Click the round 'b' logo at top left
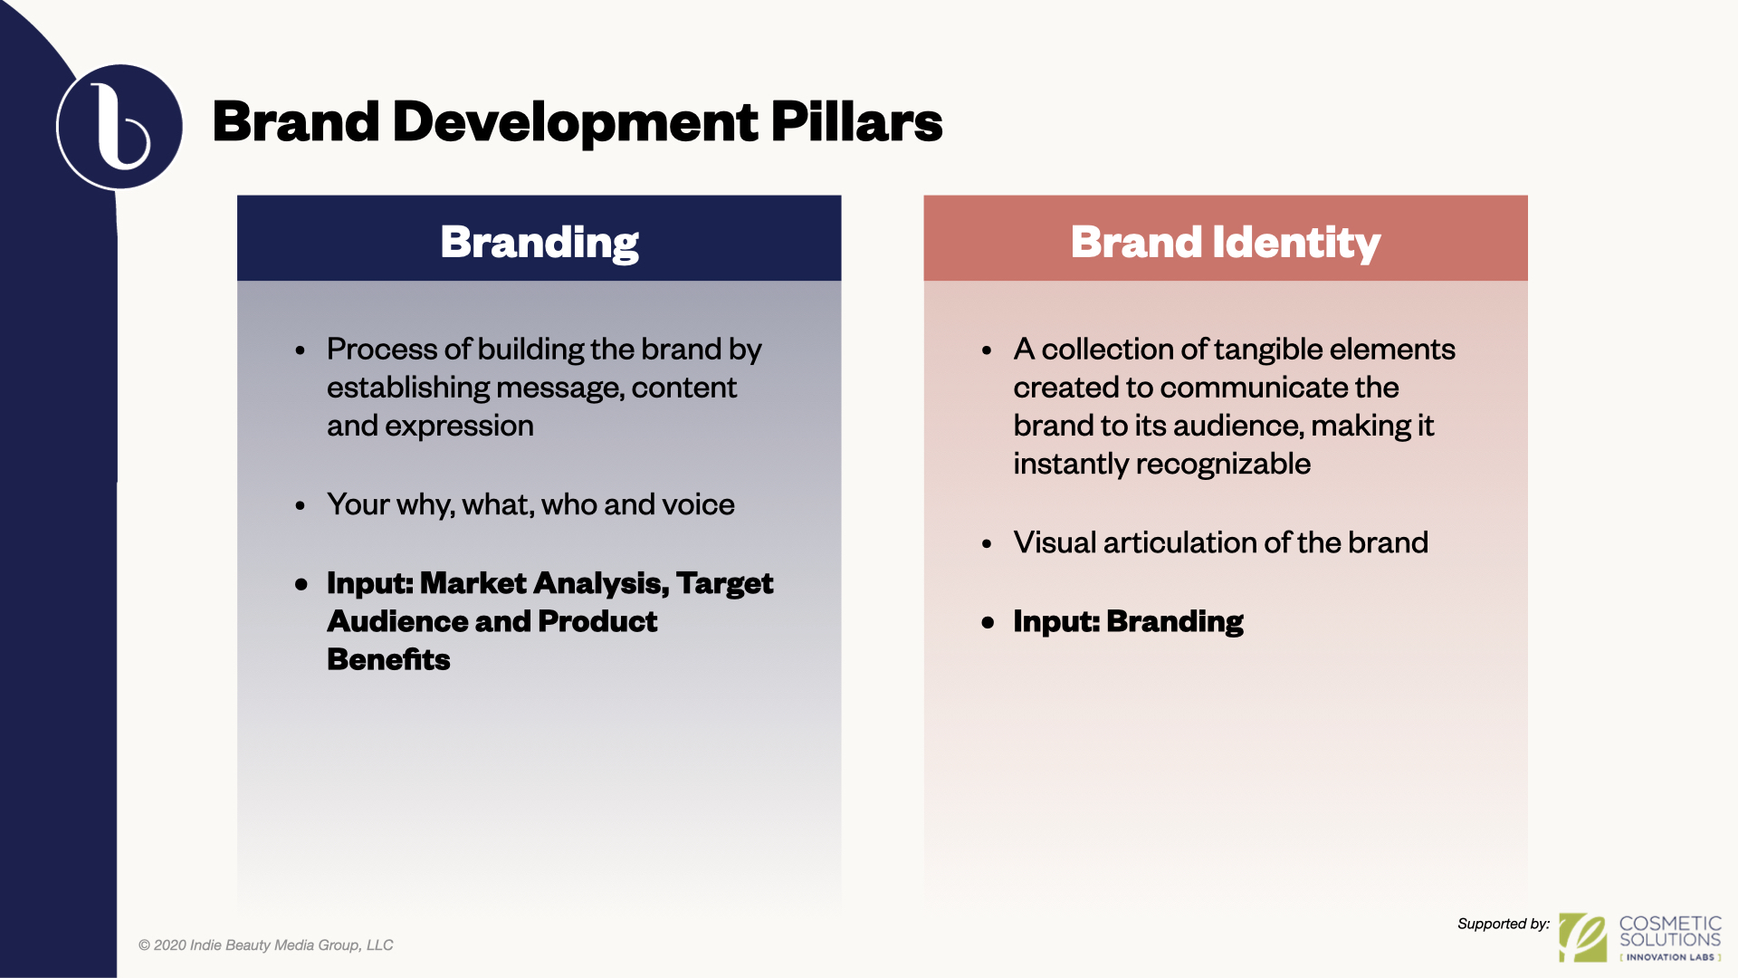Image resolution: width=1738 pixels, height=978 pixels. [x=119, y=127]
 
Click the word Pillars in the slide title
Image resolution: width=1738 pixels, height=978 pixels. [x=856, y=121]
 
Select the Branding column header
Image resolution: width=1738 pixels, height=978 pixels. [x=540, y=242]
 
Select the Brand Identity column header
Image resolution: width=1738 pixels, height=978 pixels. [x=1226, y=242]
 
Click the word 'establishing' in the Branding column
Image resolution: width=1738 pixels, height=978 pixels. [x=408, y=388]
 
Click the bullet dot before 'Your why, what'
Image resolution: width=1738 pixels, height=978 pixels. [x=301, y=505]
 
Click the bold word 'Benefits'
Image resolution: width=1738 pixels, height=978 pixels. [x=388, y=659]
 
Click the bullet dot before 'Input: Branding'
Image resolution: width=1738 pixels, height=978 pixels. [x=988, y=622]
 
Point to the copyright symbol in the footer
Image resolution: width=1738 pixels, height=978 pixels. [x=144, y=945]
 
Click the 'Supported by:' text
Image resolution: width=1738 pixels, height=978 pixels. [x=1504, y=924]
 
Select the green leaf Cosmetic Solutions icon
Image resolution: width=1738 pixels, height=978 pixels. [x=1583, y=937]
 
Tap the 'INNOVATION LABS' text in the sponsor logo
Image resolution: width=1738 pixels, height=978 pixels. [x=1670, y=957]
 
